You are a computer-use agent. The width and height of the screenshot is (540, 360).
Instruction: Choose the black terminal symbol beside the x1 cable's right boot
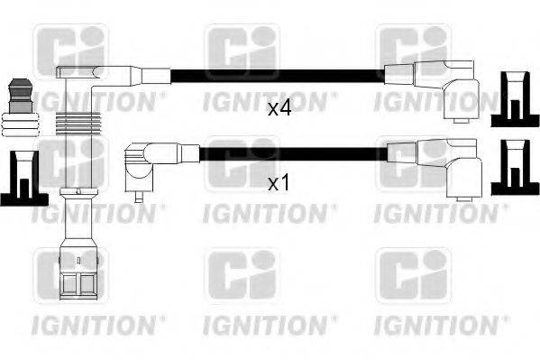(510, 171)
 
